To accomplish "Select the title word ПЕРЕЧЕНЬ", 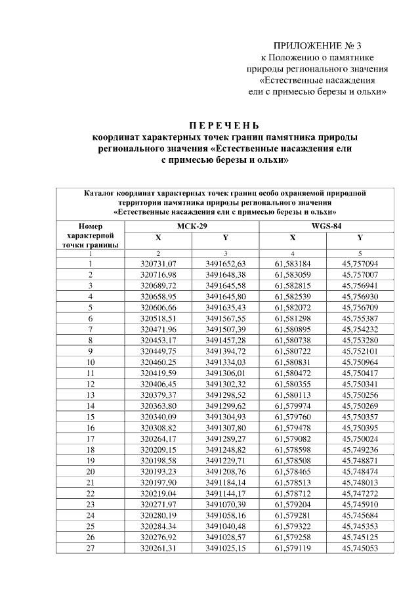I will click(x=224, y=125).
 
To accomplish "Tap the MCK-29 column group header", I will click(x=191, y=226).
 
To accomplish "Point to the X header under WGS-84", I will click(x=293, y=238).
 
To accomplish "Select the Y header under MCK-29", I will click(x=225, y=238).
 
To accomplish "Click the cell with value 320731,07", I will click(x=157, y=263).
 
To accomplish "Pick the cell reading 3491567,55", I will click(x=225, y=318).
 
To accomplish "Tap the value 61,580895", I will click(x=293, y=329).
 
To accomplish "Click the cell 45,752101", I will click(x=360, y=350).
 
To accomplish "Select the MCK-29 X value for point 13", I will click(x=157, y=394).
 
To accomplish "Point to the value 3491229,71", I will click(x=225, y=460).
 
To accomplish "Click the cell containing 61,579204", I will click(x=293, y=504).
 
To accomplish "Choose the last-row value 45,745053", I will click(x=360, y=547).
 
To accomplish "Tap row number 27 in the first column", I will click(x=91, y=547).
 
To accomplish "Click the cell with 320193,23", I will click(x=157, y=471).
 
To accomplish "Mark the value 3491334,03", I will click(x=225, y=362).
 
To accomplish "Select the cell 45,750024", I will click(x=360, y=438).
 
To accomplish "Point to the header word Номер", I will click(x=91, y=226).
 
